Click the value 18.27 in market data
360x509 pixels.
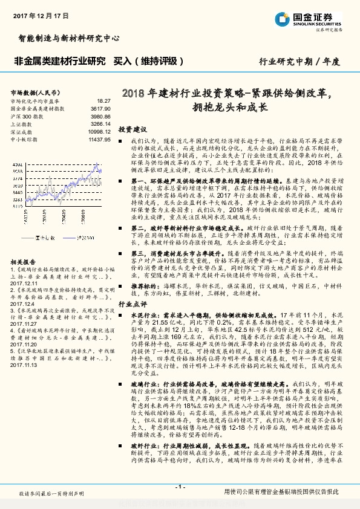point(103,101)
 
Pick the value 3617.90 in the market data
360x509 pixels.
point(100,108)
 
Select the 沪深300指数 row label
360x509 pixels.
point(27,115)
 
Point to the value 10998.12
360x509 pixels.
point(99,131)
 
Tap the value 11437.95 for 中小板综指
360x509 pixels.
point(99,138)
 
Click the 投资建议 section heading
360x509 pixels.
point(133,129)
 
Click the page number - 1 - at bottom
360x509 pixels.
point(180,486)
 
